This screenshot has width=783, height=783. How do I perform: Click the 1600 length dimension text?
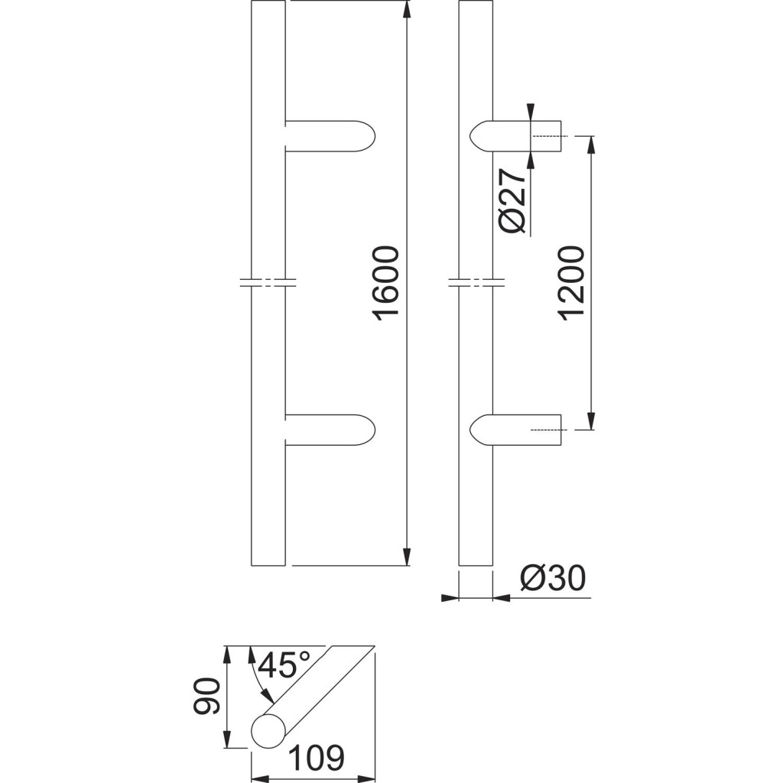click(x=387, y=282)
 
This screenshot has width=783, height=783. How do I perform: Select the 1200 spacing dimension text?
click(x=572, y=283)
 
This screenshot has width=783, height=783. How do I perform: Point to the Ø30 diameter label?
click(x=552, y=579)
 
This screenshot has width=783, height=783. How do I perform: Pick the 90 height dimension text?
click(x=206, y=696)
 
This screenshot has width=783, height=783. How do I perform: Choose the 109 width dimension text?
click(x=317, y=757)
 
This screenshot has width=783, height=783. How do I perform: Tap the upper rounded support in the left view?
click(x=330, y=136)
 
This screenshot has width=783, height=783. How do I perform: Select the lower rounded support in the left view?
click(x=330, y=430)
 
